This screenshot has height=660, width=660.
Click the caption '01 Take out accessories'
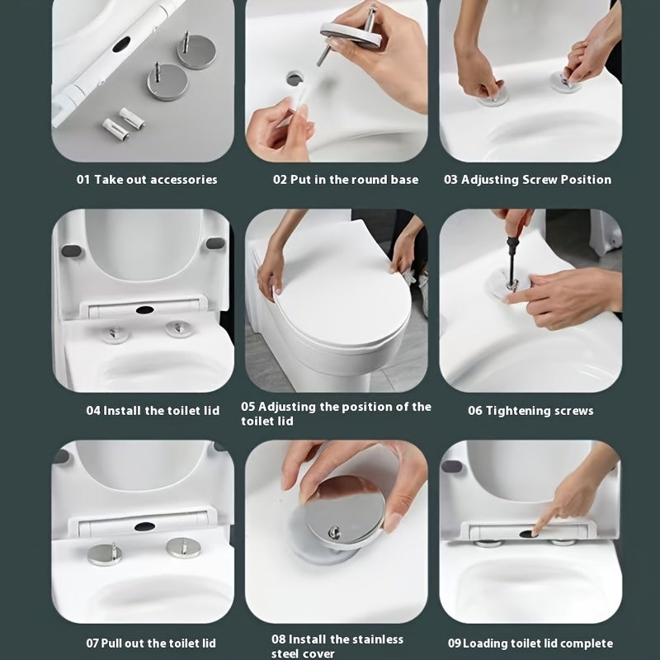(147, 180)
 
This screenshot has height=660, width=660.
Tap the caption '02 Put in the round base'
(346, 180)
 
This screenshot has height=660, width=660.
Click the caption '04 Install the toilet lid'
(153, 411)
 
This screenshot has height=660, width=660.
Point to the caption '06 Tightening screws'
(530, 411)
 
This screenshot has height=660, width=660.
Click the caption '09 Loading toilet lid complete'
(530, 643)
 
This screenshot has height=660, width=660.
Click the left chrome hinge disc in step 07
(104, 554)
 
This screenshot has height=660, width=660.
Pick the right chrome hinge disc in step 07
(182, 547)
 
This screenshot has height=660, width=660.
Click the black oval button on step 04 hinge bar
(145, 311)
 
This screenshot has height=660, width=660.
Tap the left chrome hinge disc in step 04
(115, 334)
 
